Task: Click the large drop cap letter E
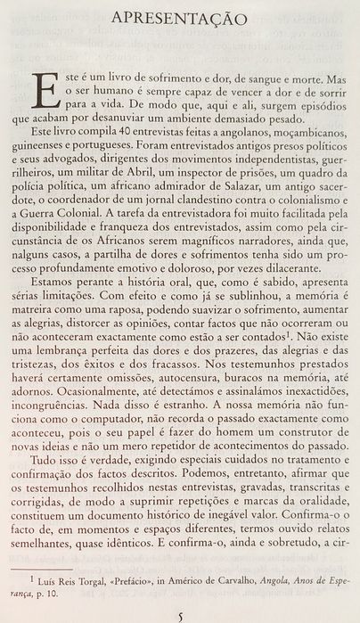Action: coord(38,92)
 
